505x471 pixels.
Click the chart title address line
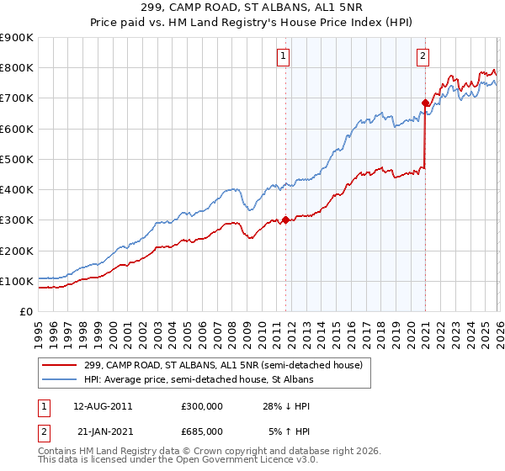[252, 8]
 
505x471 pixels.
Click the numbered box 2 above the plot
[422, 56]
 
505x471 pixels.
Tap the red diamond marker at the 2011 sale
[285, 220]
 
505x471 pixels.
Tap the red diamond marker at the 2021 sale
[426, 103]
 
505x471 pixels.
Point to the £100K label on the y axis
[17, 281]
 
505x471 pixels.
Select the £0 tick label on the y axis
[26, 311]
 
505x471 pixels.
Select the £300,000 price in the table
[202, 405]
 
